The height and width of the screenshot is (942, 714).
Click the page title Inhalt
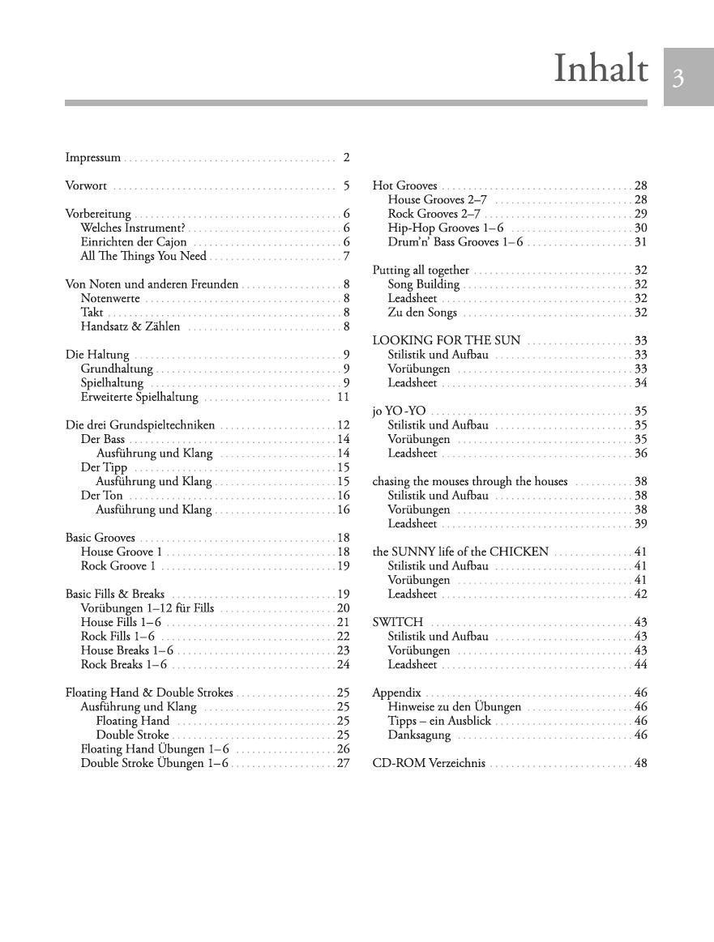601,69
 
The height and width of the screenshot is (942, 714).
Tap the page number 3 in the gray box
678,78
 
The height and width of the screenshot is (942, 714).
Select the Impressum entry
93,158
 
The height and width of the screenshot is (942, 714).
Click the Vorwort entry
86,186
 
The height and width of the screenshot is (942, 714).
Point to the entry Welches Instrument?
133,228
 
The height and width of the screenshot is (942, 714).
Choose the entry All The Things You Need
143,257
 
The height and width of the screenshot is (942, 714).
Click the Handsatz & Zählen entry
130,327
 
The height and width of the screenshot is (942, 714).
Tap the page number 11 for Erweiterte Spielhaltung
343,397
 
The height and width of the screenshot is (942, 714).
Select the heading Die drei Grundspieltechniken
140,425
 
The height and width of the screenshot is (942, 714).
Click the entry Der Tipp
104,467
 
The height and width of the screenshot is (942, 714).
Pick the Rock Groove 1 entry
118,566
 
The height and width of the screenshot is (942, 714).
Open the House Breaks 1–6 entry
127,650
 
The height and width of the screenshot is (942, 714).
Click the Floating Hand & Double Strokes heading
149,693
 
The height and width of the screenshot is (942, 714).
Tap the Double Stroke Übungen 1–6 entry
155,764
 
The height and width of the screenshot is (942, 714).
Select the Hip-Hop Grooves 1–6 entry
446,228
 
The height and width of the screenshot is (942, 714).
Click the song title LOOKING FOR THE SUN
447,341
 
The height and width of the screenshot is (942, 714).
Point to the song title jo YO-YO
399,411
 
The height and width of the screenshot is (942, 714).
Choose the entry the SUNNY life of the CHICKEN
460,552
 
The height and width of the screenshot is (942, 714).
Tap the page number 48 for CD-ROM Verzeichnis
640,764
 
